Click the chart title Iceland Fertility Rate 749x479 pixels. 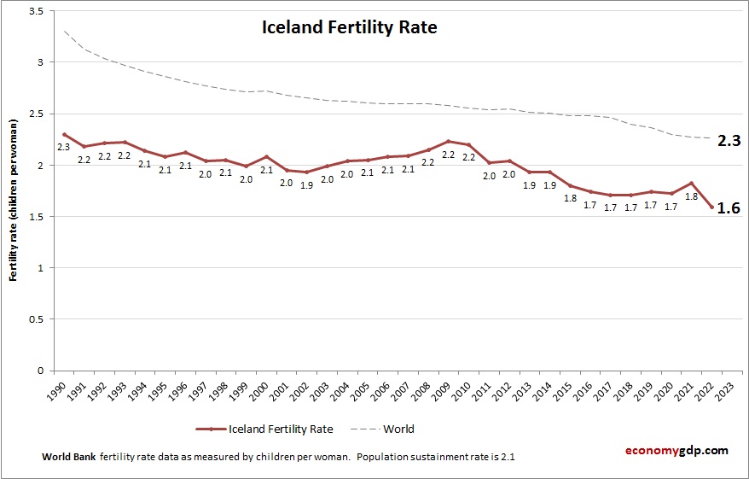(x=349, y=27)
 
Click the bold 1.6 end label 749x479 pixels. (x=727, y=207)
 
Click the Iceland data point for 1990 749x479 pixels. (x=64, y=134)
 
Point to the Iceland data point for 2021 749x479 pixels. (x=690, y=183)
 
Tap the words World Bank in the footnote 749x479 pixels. (x=68, y=457)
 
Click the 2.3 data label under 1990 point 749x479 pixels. (x=63, y=148)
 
